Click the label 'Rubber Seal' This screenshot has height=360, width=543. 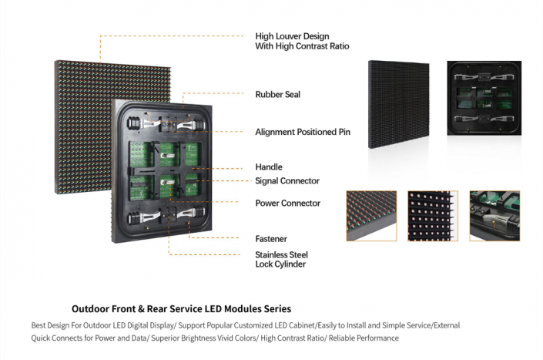tap(277, 95)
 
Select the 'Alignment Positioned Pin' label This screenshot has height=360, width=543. tap(303, 132)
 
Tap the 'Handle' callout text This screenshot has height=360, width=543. tap(269, 167)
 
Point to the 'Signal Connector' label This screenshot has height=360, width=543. tap(287, 181)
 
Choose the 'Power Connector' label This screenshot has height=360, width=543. tap(287, 204)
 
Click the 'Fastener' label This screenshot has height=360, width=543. tap(271, 239)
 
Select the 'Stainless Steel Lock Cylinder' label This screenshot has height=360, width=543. tap(280, 259)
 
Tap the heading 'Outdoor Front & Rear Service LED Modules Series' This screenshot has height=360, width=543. tap(181, 308)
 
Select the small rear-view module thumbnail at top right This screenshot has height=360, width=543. tap(483, 99)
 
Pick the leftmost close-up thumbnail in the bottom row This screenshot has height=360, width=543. tap(371, 216)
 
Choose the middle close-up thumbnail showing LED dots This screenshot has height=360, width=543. tap(433, 216)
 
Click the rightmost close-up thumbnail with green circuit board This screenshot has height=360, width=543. tap(494, 216)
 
